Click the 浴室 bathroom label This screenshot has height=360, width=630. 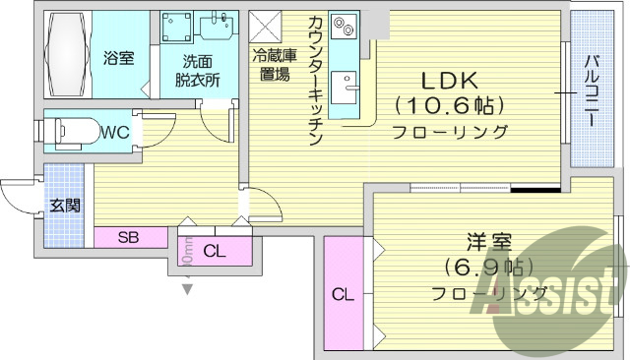tap(119, 57)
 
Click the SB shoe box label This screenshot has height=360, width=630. tap(129, 237)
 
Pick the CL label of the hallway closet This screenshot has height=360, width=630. tap(214, 252)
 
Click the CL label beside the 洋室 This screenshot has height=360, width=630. tap(343, 294)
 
